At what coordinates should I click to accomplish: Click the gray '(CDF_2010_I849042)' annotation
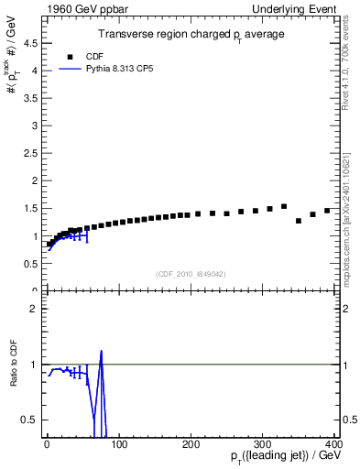pyautogui.click(x=191, y=273)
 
